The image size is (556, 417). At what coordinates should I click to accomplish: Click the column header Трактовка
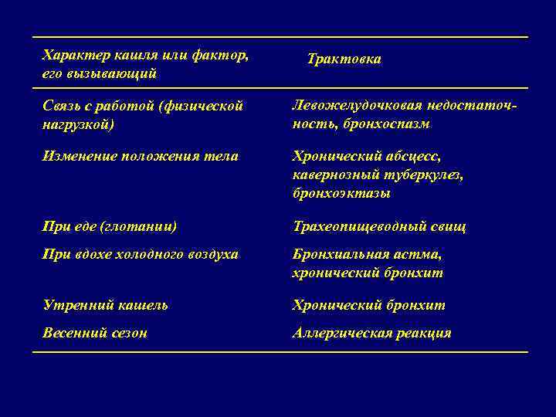(x=344, y=59)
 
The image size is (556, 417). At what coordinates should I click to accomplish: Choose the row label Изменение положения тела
(x=141, y=157)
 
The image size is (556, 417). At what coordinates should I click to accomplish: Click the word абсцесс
(x=414, y=157)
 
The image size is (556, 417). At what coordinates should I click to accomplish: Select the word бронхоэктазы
(x=341, y=193)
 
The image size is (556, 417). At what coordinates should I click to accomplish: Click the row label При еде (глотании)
(x=110, y=227)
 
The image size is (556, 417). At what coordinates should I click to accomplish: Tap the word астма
(x=421, y=254)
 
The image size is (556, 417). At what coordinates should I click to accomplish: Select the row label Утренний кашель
(x=106, y=305)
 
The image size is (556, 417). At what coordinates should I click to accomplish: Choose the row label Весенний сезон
(x=95, y=334)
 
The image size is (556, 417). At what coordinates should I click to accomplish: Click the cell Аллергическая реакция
(x=371, y=334)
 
